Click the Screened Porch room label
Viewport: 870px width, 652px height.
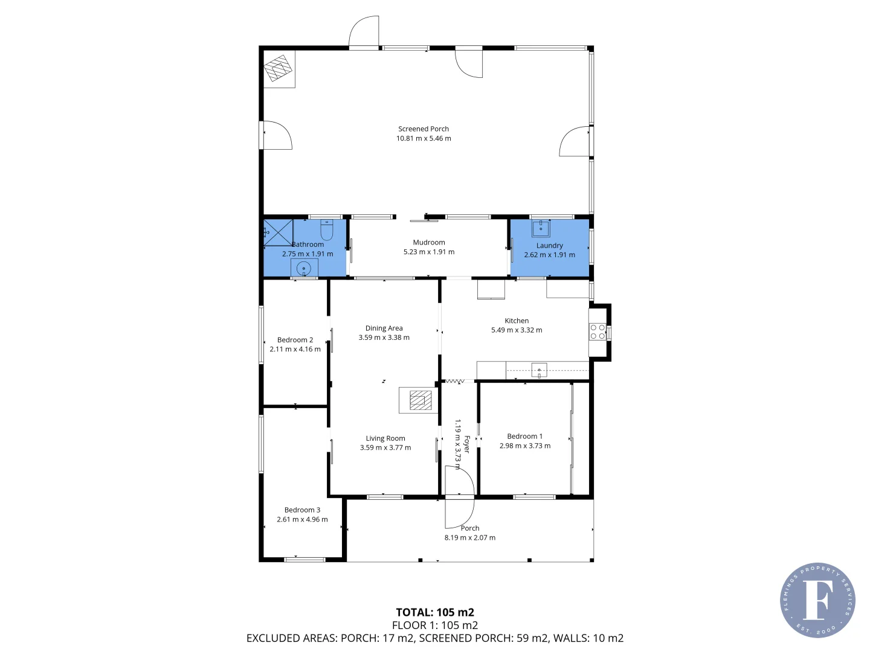click(423, 129)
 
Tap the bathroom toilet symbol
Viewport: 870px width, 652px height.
click(326, 230)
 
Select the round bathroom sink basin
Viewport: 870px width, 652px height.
click(304, 268)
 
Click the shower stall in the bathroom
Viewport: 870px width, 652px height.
click(278, 233)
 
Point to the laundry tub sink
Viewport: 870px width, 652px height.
click(541, 229)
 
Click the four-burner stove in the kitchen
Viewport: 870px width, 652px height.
click(598, 331)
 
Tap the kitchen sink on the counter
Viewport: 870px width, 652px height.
click(538, 369)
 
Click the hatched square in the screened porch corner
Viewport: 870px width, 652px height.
click(279, 69)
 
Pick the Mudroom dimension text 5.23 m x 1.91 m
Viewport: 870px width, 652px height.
click(429, 252)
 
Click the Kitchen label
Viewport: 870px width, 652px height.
click(517, 321)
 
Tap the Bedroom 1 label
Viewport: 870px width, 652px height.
click(524, 436)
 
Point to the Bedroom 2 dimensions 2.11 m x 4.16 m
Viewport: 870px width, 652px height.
click(295, 349)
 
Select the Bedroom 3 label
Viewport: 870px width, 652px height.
click(302, 510)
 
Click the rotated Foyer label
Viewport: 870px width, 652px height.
click(466, 444)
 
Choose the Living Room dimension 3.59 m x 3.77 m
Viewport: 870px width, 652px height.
click(385, 447)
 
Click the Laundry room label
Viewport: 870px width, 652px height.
click(549, 245)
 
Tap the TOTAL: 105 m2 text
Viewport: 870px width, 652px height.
click(434, 612)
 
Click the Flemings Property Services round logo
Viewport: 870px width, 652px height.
click(817, 600)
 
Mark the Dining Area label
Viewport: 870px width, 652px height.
click(384, 328)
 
